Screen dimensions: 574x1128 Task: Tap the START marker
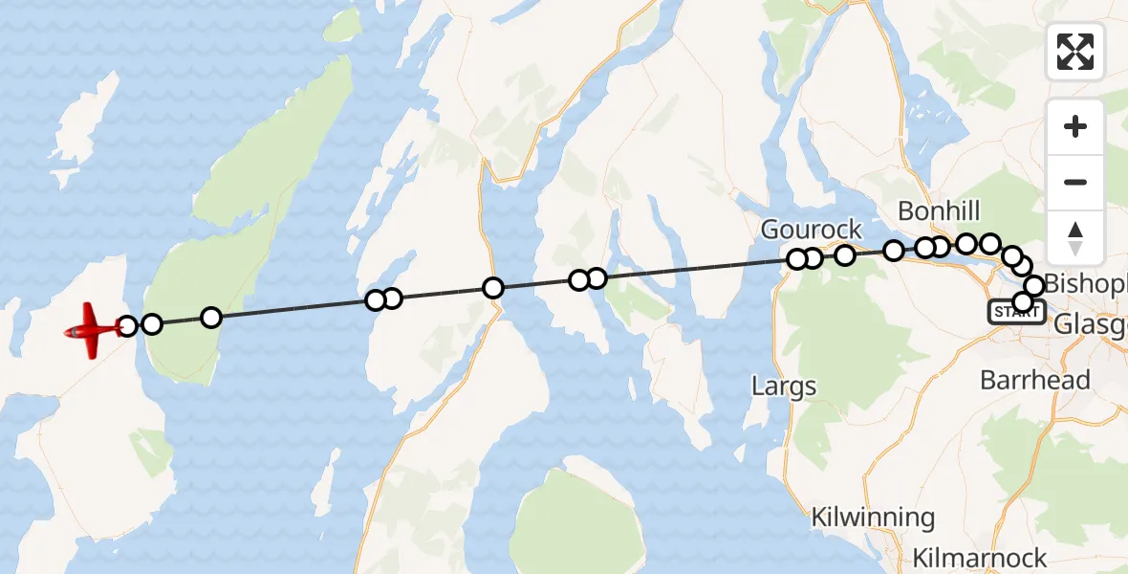[x=1016, y=312]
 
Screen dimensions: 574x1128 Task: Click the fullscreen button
[x=1075, y=52]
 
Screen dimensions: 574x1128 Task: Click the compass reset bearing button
[x=1075, y=237]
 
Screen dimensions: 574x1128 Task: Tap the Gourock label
[x=812, y=230]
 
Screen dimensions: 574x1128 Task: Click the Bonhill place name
[x=940, y=211]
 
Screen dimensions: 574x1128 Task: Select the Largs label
[x=784, y=386]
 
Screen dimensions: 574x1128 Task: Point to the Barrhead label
[x=1035, y=380]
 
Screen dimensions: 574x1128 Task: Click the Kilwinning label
[x=873, y=519]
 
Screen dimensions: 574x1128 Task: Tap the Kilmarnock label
[x=980, y=558]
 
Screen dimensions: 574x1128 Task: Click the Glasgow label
[x=1090, y=326]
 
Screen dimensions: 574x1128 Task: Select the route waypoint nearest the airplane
[x=127, y=327]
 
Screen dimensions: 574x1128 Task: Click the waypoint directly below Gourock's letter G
[x=797, y=258]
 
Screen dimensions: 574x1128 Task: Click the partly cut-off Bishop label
[x=1086, y=284]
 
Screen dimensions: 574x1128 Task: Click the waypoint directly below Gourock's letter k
[x=845, y=254]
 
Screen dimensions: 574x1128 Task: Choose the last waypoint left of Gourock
[x=596, y=278]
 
